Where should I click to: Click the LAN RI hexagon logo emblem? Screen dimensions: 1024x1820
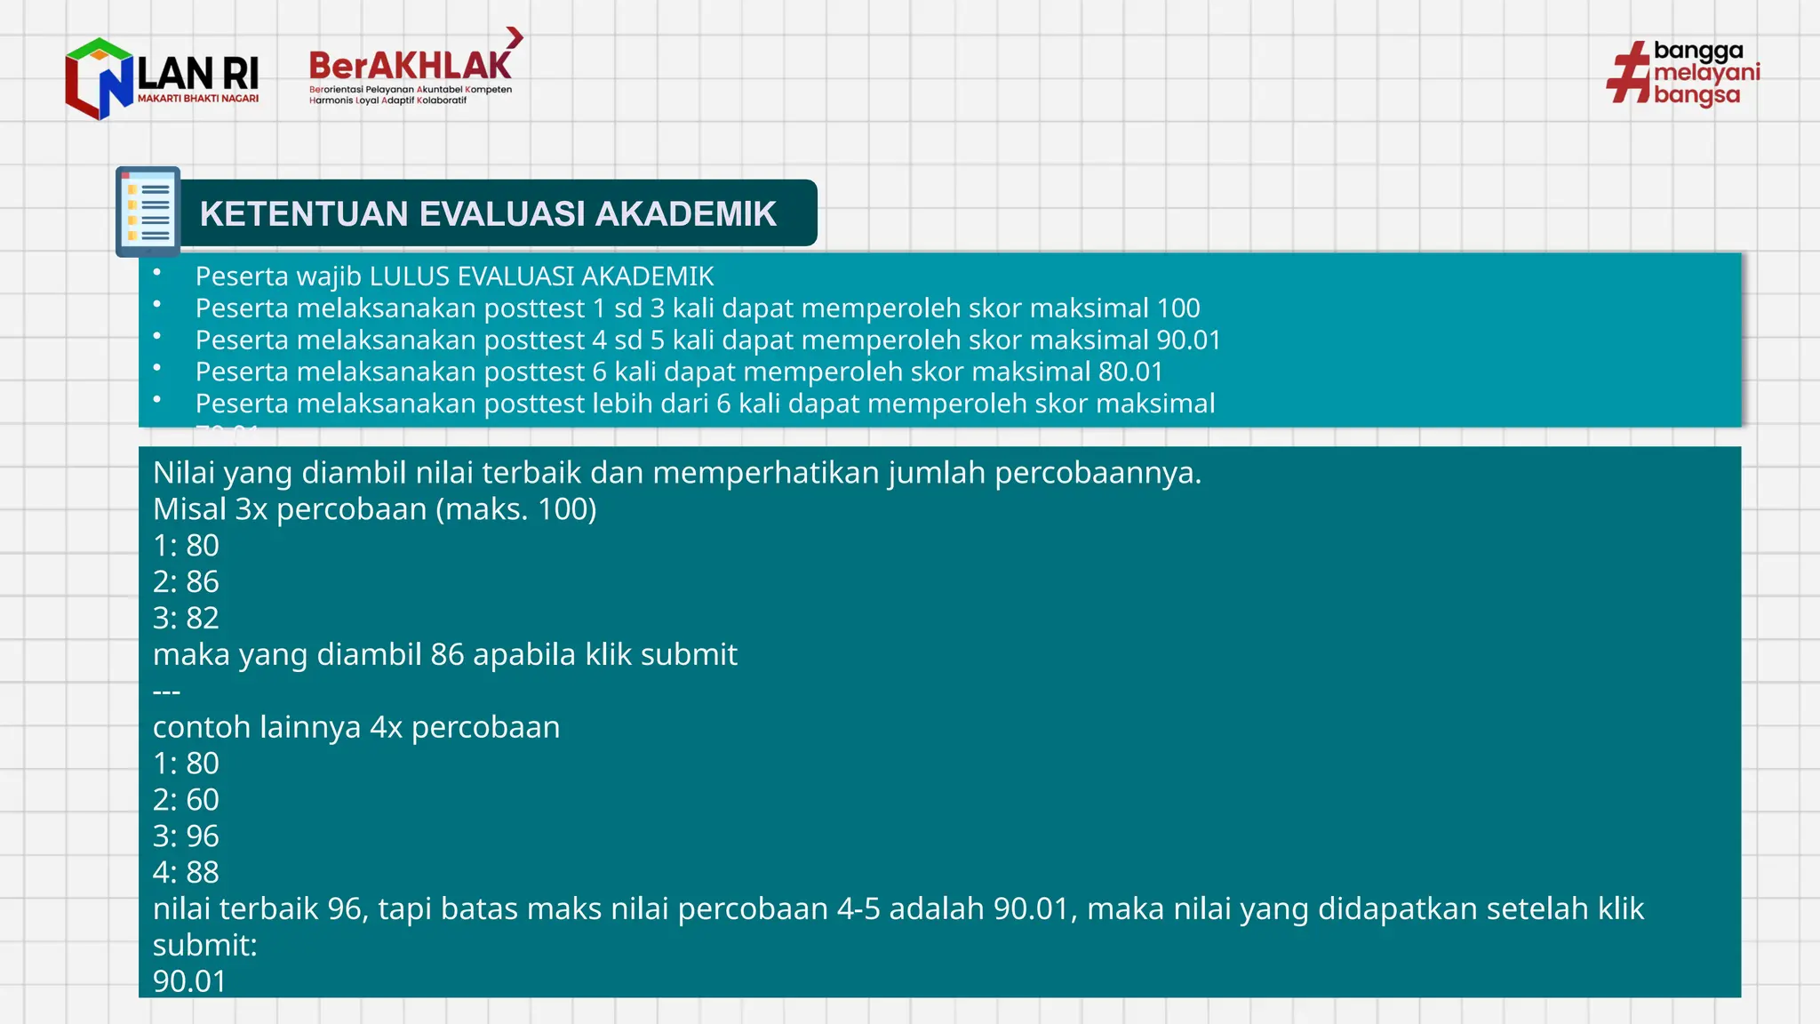pos(99,79)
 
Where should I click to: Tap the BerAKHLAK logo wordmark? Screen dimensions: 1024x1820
pos(410,66)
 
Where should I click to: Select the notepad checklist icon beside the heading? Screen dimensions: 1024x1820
pos(148,212)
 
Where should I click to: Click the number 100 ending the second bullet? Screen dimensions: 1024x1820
pos(1177,308)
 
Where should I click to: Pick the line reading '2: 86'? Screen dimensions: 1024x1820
pos(186,581)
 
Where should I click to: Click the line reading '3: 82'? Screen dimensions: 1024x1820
pos(186,618)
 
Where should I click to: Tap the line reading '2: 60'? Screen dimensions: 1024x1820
pos(186,800)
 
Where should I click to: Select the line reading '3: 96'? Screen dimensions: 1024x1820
pos(186,836)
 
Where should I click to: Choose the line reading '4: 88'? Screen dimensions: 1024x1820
pos(186,873)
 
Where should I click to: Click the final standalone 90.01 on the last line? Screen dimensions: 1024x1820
pos(189,981)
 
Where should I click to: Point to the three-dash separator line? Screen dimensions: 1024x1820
pos(166,692)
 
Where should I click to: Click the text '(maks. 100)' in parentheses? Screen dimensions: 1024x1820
pos(516,509)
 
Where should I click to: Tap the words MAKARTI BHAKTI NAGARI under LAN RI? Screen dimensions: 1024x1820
pos(198,99)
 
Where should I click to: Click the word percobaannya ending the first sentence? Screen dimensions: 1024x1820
pos(1097,473)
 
